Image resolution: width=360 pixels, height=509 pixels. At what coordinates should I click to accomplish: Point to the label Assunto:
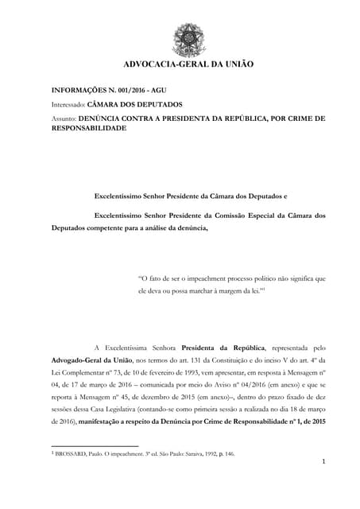(x=64, y=118)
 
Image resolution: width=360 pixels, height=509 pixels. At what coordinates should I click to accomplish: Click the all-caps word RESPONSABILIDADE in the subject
(x=97, y=126)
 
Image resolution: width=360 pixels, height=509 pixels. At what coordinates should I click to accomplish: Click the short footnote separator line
(x=95, y=445)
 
